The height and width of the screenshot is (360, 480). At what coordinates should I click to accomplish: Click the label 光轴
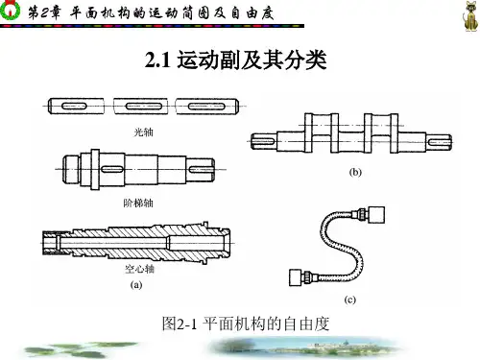click(x=143, y=132)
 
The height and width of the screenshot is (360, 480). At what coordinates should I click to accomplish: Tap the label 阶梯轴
click(x=138, y=203)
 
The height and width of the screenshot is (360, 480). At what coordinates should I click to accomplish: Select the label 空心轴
click(x=139, y=269)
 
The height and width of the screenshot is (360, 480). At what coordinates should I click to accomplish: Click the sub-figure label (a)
click(x=136, y=285)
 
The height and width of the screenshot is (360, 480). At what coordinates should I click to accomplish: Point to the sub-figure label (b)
click(x=355, y=172)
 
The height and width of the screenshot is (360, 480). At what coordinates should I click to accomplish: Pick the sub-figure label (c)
click(x=349, y=300)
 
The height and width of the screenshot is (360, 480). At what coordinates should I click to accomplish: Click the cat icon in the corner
click(x=470, y=16)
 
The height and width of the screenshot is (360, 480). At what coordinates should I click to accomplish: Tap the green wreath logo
click(x=10, y=10)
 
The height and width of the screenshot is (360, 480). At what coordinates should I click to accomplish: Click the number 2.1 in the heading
click(x=157, y=60)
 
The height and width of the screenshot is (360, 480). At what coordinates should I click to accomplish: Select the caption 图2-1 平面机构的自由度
click(x=246, y=324)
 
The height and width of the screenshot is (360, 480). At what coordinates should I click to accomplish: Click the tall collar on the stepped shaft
click(x=95, y=169)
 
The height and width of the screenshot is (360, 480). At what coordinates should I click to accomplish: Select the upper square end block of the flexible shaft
click(x=376, y=215)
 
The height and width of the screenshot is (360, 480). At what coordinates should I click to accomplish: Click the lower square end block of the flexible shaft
click(x=297, y=277)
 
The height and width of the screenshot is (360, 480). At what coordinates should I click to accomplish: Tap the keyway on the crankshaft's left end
click(x=263, y=141)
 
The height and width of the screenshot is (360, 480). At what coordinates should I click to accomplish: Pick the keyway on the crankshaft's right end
click(x=440, y=141)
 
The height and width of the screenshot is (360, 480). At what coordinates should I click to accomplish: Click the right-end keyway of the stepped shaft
click(x=202, y=169)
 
